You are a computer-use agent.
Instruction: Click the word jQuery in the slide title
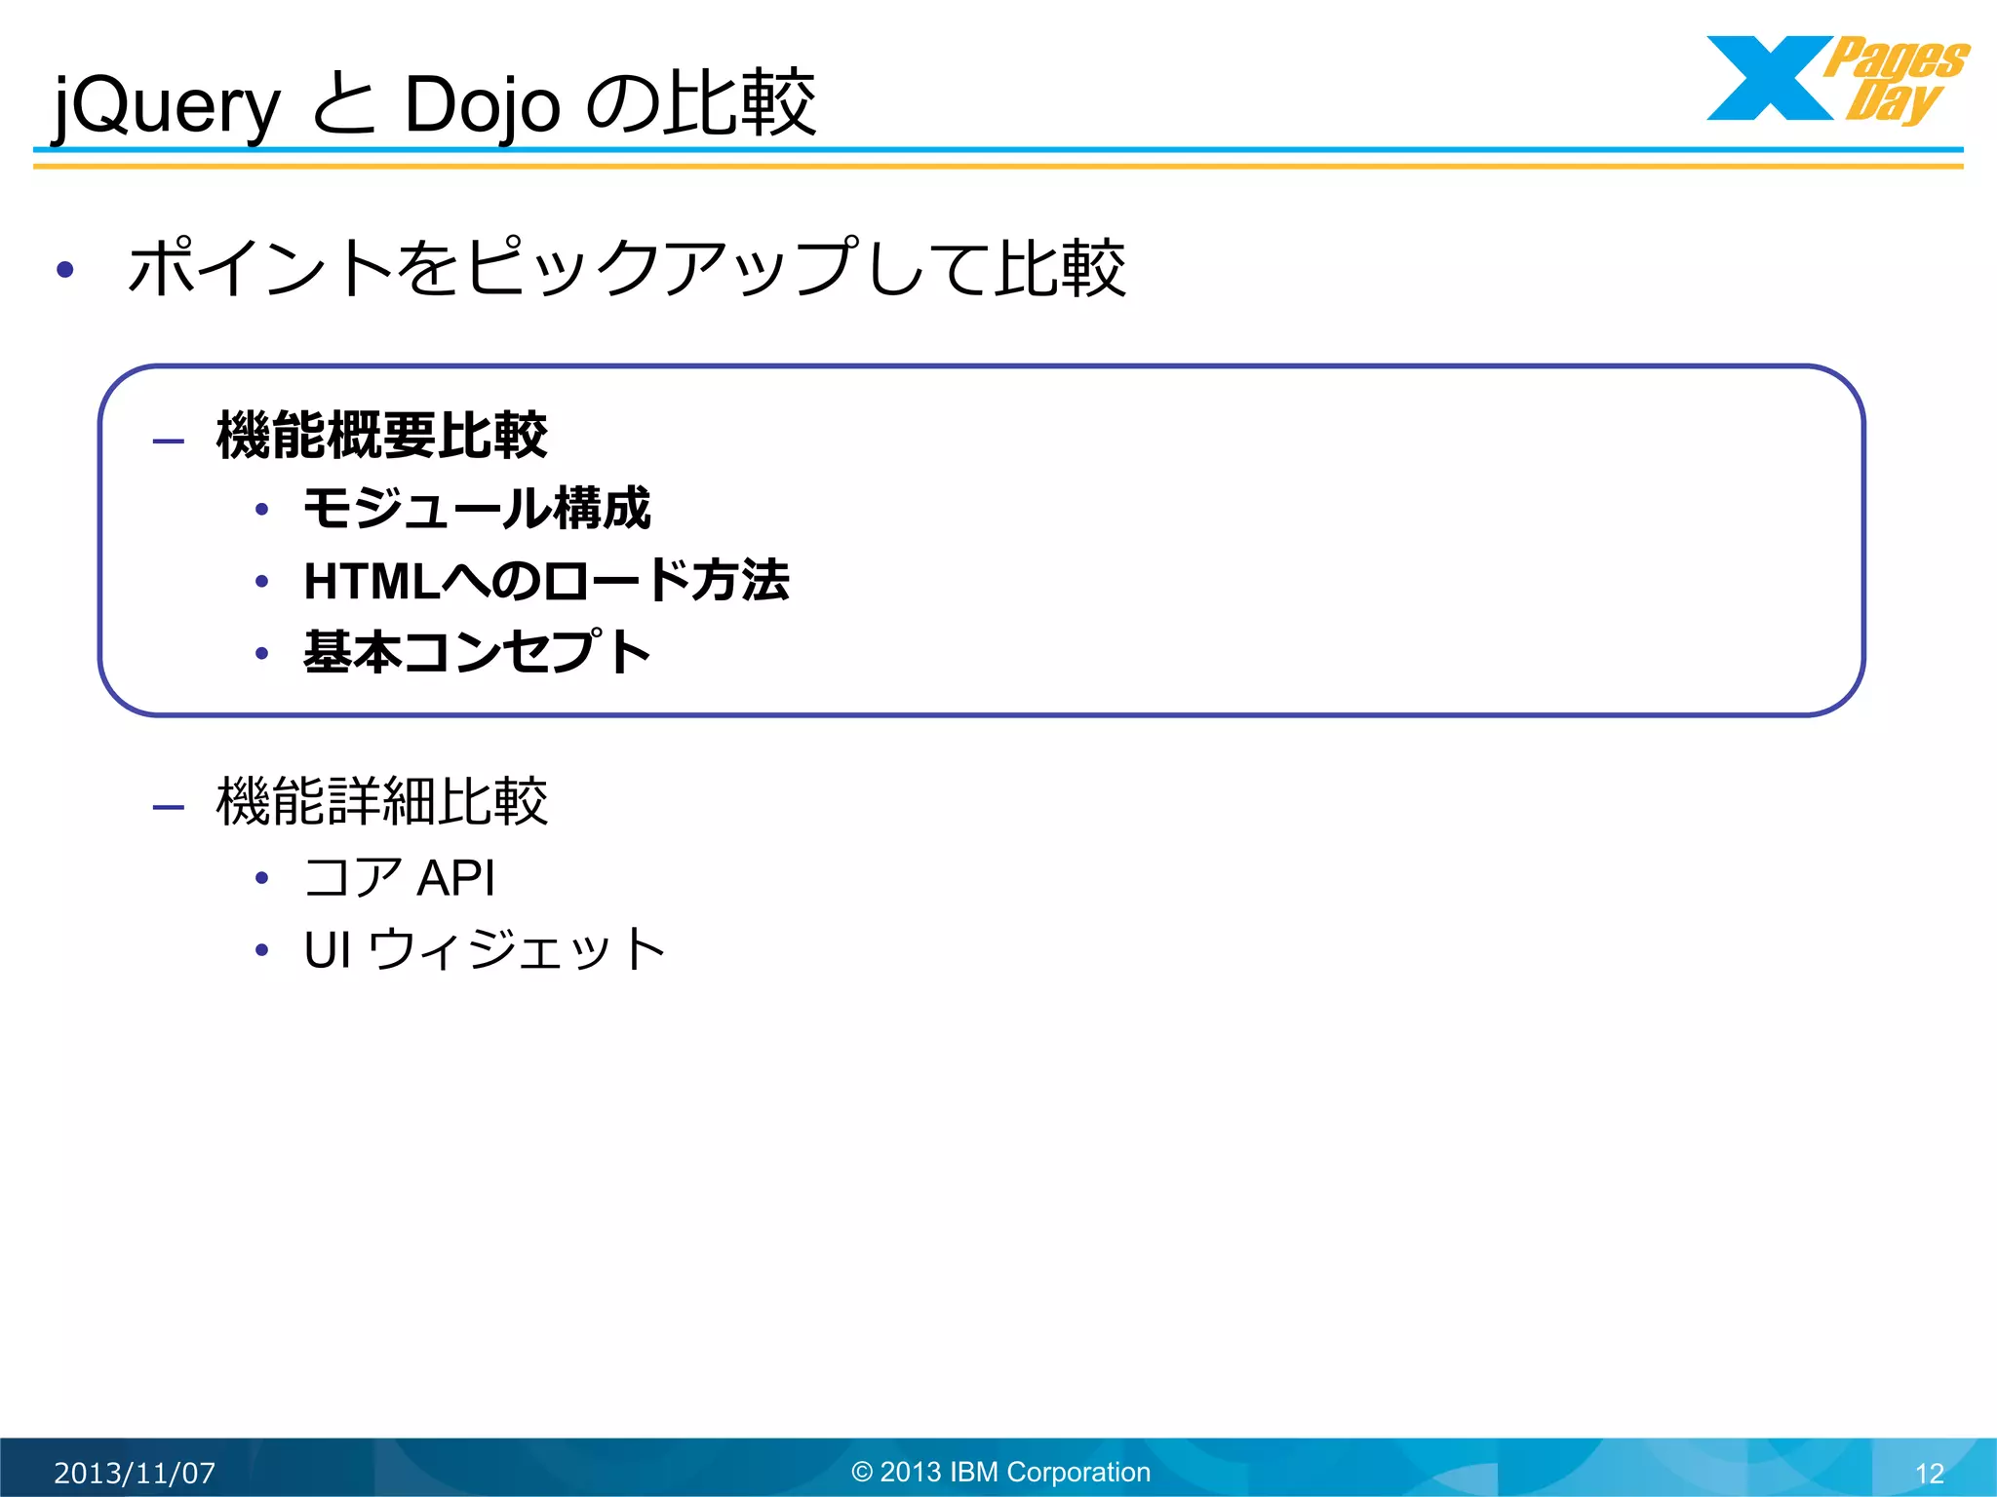click(x=166, y=105)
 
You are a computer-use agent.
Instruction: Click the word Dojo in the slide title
click(x=482, y=105)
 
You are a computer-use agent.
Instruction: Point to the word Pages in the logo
click(x=1897, y=58)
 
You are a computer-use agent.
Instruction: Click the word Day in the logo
click(x=1892, y=101)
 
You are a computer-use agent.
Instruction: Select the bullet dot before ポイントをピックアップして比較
click(x=65, y=269)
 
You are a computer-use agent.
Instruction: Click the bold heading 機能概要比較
click(x=381, y=436)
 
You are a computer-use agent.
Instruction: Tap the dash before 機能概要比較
click(x=169, y=441)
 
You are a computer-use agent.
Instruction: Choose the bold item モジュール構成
click(x=477, y=509)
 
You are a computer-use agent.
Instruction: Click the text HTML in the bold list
click(x=372, y=582)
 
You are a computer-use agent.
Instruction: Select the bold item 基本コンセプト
click(x=477, y=652)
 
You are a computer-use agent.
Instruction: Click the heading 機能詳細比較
click(x=381, y=802)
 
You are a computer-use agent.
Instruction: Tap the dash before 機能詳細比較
click(x=169, y=807)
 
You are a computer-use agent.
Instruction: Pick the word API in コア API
click(x=456, y=878)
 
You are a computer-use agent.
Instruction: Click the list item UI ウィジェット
click(x=485, y=950)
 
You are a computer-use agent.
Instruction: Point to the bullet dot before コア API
click(x=261, y=879)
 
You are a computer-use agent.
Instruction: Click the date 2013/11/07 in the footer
click(x=135, y=1473)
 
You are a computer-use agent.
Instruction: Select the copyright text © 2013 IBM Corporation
click(x=1001, y=1472)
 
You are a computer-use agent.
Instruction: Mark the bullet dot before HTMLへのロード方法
click(x=261, y=583)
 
